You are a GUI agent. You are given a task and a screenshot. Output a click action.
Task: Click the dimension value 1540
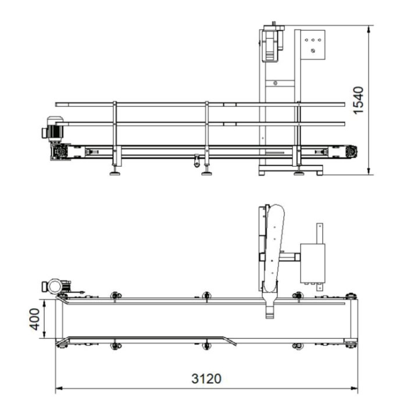coord(359,100)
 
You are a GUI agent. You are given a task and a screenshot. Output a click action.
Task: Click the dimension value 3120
coord(206,379)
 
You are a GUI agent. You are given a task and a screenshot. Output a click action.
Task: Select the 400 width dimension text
coord(34,319)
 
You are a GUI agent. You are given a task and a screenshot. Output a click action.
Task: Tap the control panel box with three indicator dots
coord(313,45)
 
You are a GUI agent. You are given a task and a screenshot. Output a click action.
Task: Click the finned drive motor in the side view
coord(53,128)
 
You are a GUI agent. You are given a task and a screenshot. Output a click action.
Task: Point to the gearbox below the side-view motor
coord(60,152)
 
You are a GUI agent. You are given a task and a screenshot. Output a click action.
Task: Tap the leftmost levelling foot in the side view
coord(115,173)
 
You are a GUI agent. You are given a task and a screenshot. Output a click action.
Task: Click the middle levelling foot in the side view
coord(206,173)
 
